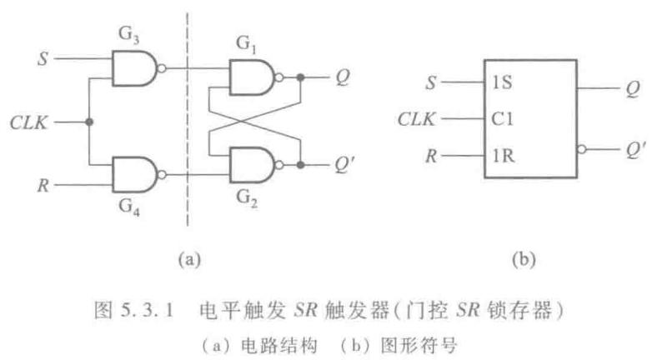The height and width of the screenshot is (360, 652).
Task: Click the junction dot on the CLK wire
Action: (88, 122)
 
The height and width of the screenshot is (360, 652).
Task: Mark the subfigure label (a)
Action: (191, 259)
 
